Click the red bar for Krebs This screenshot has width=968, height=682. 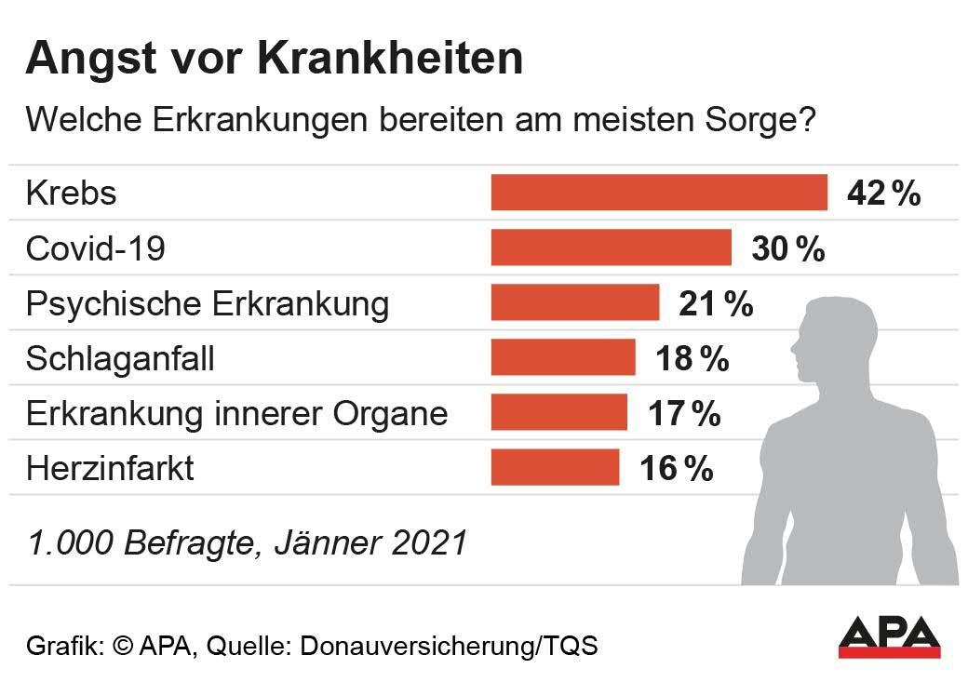click(659, 193)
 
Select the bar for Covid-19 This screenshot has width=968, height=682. click(612, 248)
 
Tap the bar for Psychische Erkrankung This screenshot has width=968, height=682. click(575, 303)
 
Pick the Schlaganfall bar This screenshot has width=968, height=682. click(563, 357)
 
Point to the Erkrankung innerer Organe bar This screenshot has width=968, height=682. click(559, 412)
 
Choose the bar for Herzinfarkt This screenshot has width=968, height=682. click(556, 467)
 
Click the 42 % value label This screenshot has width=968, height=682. click(883, 194)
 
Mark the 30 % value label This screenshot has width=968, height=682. click(787, 248)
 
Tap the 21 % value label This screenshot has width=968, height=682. click(715, 303)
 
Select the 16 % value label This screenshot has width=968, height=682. click(676, 468)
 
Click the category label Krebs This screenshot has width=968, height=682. click(72, 194)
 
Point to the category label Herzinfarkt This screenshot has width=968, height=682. click(110, 468)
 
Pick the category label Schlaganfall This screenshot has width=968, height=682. click(120, 358)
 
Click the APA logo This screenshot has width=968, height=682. click(889, 636)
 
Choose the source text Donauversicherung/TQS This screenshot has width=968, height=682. click(448, 645)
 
